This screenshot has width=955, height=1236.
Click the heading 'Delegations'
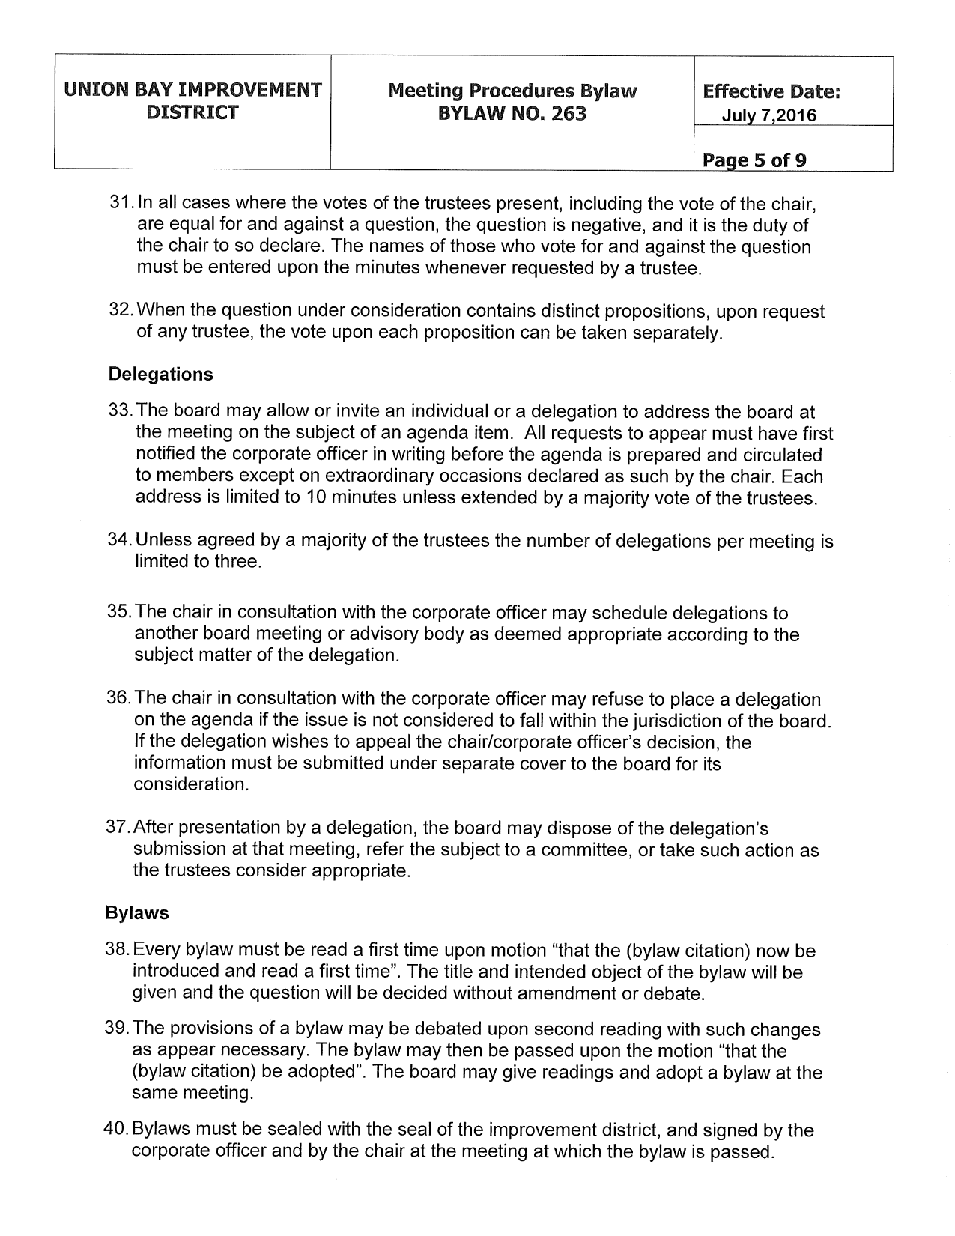(160, 375)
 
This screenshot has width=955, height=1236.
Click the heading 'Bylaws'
(137, 913)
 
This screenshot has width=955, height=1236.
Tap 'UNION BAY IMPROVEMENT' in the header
(192, 91)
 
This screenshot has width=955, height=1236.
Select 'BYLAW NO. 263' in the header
(512, 114)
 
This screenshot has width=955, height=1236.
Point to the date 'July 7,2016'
(768, 115)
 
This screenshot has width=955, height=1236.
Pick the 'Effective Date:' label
(771, 92)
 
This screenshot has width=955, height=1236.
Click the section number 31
(121, 204)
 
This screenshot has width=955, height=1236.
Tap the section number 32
(121, 311)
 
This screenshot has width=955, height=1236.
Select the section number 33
(121, 411)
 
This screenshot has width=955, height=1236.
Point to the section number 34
(121, 540)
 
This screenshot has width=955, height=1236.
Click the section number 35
(120, 613)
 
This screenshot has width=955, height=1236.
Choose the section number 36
(120, 699)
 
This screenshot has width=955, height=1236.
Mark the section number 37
(119, 828)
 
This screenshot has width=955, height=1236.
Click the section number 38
(118, 951)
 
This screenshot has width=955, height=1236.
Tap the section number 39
(118, 1029)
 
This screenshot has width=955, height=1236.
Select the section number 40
(118, 1130)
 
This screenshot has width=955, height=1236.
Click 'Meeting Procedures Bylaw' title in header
(512, 91)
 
